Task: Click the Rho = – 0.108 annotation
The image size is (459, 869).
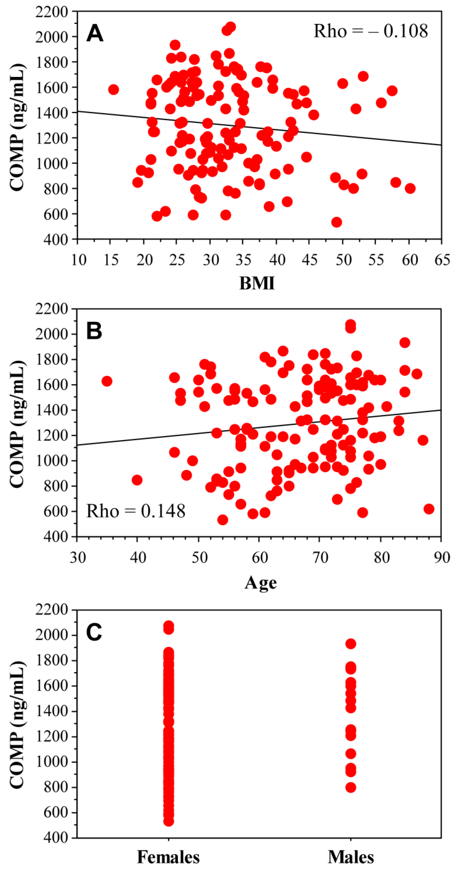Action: coord(371,31)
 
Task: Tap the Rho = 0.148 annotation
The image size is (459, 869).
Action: coord(136,511)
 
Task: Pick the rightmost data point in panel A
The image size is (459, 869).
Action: coord(410,188)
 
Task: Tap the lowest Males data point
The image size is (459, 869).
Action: coord(351,788)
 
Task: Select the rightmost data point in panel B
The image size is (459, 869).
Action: coord(429,509)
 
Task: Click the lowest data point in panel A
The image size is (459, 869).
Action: coord(337,222)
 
